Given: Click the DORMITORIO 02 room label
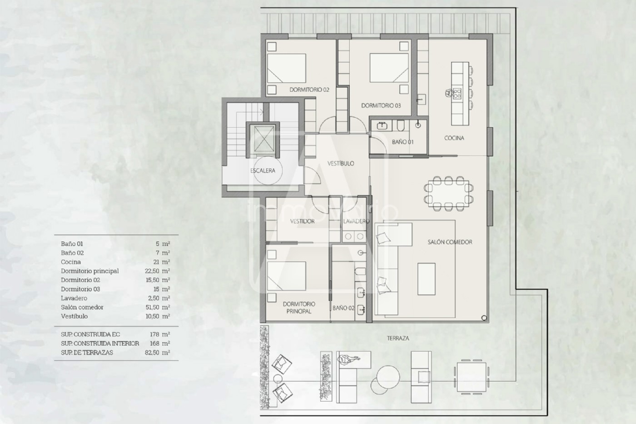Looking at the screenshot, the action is click(309, 90).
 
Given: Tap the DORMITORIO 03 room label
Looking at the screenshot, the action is click(381, 105).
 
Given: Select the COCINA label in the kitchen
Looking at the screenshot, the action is click(454, 138).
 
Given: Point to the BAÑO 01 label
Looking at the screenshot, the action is click(402, 142).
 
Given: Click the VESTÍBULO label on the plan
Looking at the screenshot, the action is click(341, 163).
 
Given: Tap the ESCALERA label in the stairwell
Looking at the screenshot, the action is click(263, 170).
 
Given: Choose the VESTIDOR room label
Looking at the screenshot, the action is click(302, 221).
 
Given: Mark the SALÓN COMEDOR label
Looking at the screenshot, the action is click(450, 242).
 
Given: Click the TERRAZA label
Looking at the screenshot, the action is click(398, 338).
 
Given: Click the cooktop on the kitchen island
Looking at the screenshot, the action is click(457, 94).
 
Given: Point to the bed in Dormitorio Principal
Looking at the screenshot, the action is click(287, 276).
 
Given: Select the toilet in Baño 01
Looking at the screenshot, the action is click(400, 125).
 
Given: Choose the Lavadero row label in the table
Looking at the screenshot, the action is click(74, 298).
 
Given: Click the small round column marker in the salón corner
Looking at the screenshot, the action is click(484, 318).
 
